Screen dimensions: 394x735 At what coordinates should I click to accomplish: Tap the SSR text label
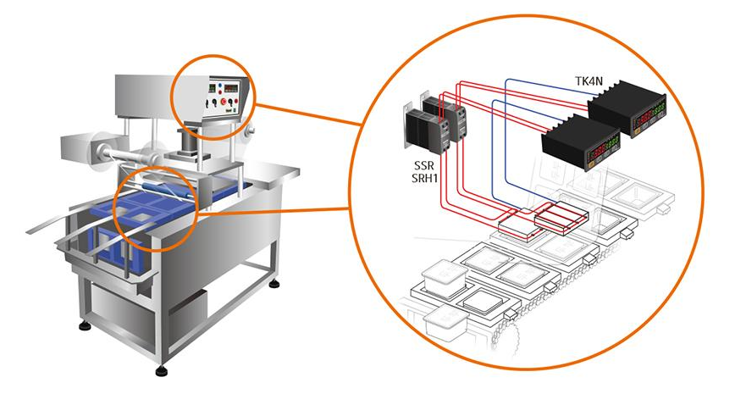pyautogui.click(x=421, y=164)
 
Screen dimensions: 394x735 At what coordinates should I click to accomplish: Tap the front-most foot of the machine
pyautogui.click(x=162, y=369)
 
